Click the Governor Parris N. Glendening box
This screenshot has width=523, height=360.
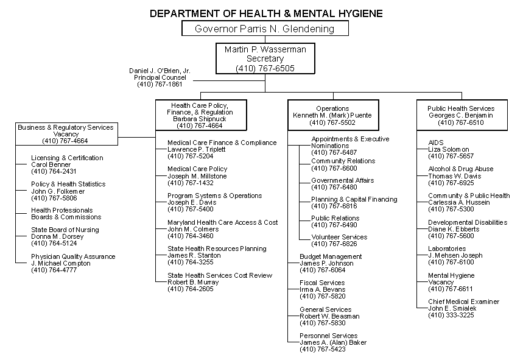(x=265, y=29)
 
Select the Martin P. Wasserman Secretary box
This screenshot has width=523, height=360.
(x=265, y=59)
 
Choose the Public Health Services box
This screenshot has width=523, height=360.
(x=460, y=115)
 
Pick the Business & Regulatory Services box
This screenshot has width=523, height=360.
(x=65, y=134)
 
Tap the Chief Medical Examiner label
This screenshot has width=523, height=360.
(x=463, y=302)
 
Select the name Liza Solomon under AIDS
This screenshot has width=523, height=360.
(x=449, y=149)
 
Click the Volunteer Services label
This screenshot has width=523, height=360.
(x=339, y=237)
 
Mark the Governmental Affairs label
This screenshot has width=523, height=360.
(x=342, y=180)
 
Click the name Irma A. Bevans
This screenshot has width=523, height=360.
(x=323, y=289)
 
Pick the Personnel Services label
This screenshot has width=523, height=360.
(x=328, y=336)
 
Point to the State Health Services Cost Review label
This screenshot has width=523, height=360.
(x=220, y=275)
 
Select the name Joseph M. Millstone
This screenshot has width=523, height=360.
(x=197, y=176)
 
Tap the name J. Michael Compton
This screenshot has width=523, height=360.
(x=60, y=263)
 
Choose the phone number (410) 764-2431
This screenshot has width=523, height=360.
(x=54, y=172)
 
